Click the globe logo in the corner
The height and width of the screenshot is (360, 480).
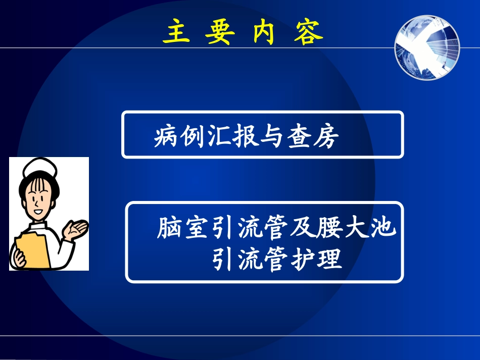427,46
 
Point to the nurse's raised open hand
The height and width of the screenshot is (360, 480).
76,230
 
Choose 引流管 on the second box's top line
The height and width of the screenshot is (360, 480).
247,228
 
